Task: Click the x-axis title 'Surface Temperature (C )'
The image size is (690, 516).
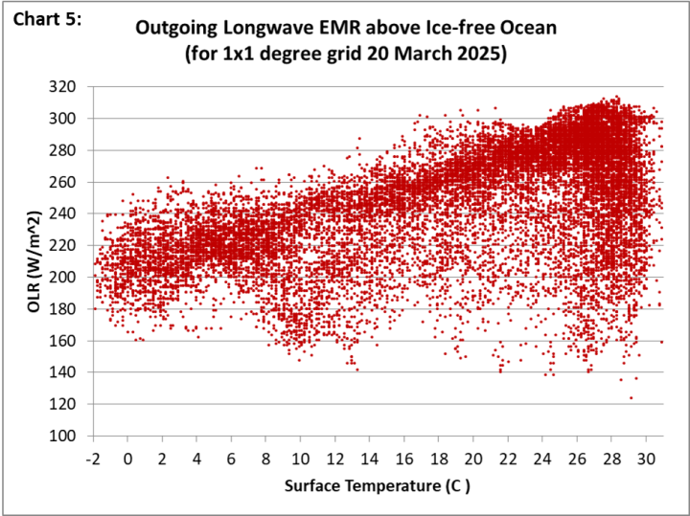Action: pyautogui.click(x=378, y=486)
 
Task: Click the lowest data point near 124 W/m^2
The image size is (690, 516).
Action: pyautogui.click(x=631, y=397)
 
